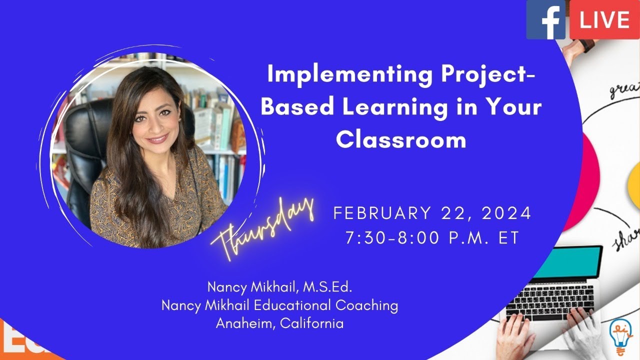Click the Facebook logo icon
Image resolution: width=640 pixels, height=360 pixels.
[x=545, y=19]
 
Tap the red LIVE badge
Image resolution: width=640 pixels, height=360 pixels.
[x=604, y=19]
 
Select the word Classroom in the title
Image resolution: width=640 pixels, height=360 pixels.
[x=401, y=140]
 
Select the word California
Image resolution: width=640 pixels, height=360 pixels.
[x=312, y=323]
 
